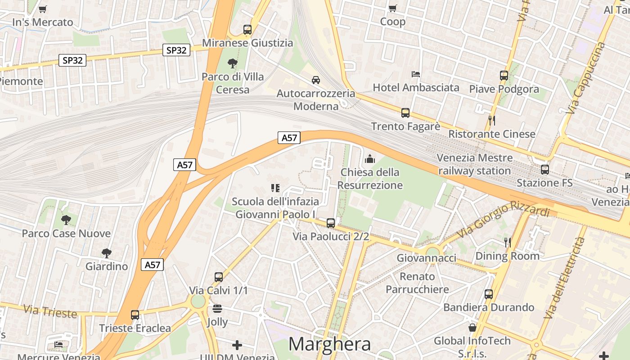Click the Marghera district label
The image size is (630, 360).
pos(329,344)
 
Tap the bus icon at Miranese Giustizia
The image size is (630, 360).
pos(247,30)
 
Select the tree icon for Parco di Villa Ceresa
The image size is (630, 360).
pos(233,63)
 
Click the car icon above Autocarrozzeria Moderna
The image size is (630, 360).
pos(316,80)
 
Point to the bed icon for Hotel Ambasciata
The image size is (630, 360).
pos(416,74)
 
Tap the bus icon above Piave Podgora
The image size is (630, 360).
pos(504,76)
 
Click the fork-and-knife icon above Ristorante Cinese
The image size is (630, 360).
pos(492,121)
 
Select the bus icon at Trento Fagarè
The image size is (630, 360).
pos(405,113)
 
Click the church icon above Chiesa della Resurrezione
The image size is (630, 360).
pos(370,159)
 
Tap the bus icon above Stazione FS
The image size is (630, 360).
pos(545,170)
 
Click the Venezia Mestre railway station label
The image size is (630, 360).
pos(475,164)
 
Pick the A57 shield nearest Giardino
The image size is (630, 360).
pos(153,265)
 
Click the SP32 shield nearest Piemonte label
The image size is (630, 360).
pos(72,60)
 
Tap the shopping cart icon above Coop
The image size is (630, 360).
pos(393,8)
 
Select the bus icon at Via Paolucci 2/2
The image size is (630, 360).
pos(331,223)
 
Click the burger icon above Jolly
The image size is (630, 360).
pos(217,309)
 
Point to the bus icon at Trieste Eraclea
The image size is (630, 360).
pos(135,315)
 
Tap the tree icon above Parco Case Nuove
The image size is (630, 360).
pos(66,220)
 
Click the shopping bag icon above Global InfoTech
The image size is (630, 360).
pos(472,328)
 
